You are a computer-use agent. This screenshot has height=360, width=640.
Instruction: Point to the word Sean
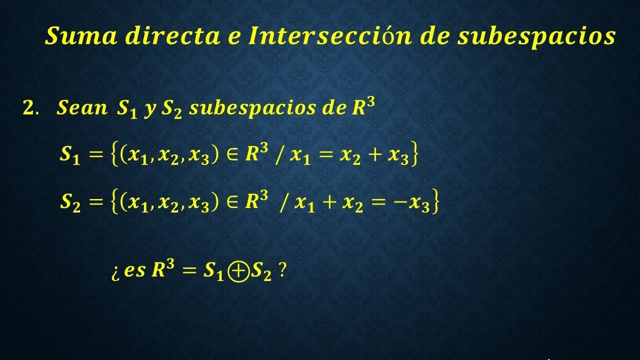[x=82, y=108]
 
